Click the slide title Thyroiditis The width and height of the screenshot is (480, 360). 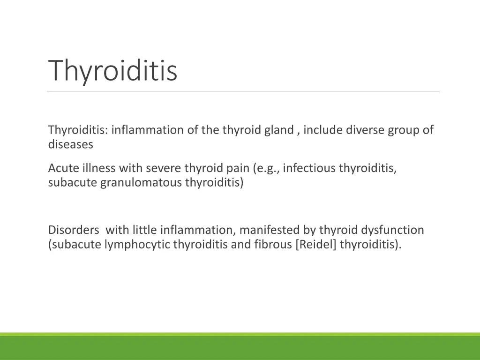click(112, 71)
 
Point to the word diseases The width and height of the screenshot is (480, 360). click(70, 145)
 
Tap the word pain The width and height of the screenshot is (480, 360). click(238, 168)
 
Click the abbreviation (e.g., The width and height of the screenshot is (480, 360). click(267, 168)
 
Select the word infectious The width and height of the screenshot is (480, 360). click(307, 168)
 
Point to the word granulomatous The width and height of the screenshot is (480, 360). click(141, 183)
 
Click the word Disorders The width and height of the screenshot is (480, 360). click(74, 230)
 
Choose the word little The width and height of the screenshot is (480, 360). click(145, 230)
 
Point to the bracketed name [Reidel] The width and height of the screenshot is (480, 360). click(316, 245)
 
